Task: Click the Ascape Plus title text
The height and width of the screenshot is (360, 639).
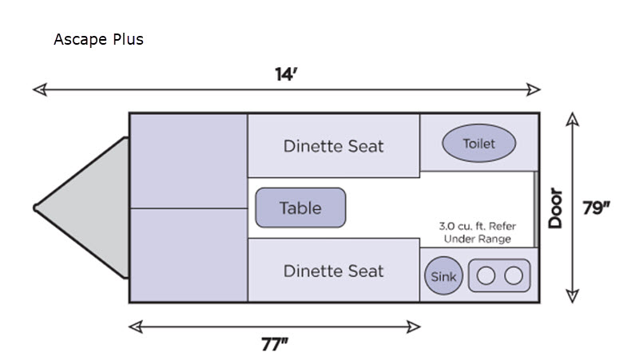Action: click(98, 39)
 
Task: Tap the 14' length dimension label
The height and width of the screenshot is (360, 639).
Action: click(286, 75)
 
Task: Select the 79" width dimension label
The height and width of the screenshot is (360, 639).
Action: click(597, 208)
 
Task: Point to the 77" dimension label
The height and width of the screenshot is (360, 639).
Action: click(274, 344)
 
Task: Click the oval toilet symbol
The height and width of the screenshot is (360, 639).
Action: click(479, 144)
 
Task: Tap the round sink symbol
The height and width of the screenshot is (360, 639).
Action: click(443, 276)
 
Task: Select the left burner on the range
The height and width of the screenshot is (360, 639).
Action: click(486, 276)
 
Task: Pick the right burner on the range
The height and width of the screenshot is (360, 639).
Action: click(514, 276)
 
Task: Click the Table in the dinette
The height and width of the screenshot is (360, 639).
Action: click(300, 208)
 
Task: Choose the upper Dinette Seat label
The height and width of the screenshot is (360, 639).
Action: click(333, 146)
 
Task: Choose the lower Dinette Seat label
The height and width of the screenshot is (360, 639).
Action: click(333, 271)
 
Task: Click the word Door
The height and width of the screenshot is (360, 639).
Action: click(556, 208)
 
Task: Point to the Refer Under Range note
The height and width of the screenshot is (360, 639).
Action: click(477, 232)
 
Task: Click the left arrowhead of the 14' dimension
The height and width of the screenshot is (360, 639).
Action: click(37, 89)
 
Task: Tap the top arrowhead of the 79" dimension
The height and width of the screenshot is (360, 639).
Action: click(572, 118)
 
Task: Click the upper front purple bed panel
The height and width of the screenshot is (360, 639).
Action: click(189, 160)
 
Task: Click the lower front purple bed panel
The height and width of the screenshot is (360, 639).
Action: click(189, 255)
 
